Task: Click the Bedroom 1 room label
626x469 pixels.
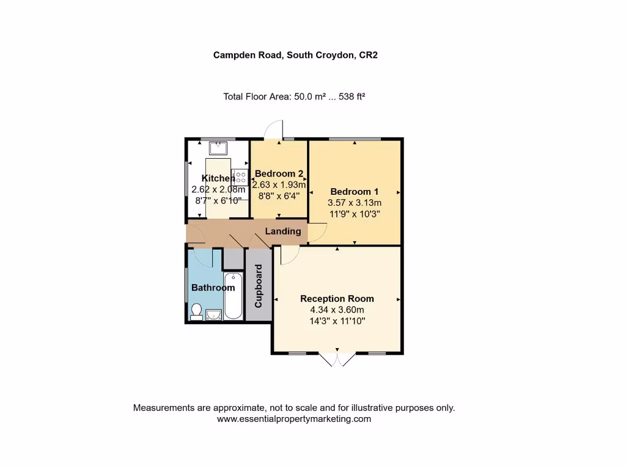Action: (x=355, y=191)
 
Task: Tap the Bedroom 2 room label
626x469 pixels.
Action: (x=279, y=173)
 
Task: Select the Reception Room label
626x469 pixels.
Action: (x=337, y=299)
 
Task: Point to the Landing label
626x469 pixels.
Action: (x=283, y=231)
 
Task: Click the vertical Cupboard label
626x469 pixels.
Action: (x=258, y=286)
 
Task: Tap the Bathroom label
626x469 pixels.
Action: (x=213, y=288)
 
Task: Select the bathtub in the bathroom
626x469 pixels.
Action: (x=234, y=297)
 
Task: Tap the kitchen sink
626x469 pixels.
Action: (x=218, y=148)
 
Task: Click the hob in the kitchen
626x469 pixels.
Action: (x=240, y=178)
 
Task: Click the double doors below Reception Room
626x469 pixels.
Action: (x=337, y=360)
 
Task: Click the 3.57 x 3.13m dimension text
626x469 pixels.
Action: (x=355, y=203)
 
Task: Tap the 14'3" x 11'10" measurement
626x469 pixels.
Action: (x=337, y=321)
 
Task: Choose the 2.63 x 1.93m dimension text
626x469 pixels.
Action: (x=279, y=184)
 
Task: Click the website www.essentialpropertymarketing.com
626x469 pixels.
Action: (x=294, y=419)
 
